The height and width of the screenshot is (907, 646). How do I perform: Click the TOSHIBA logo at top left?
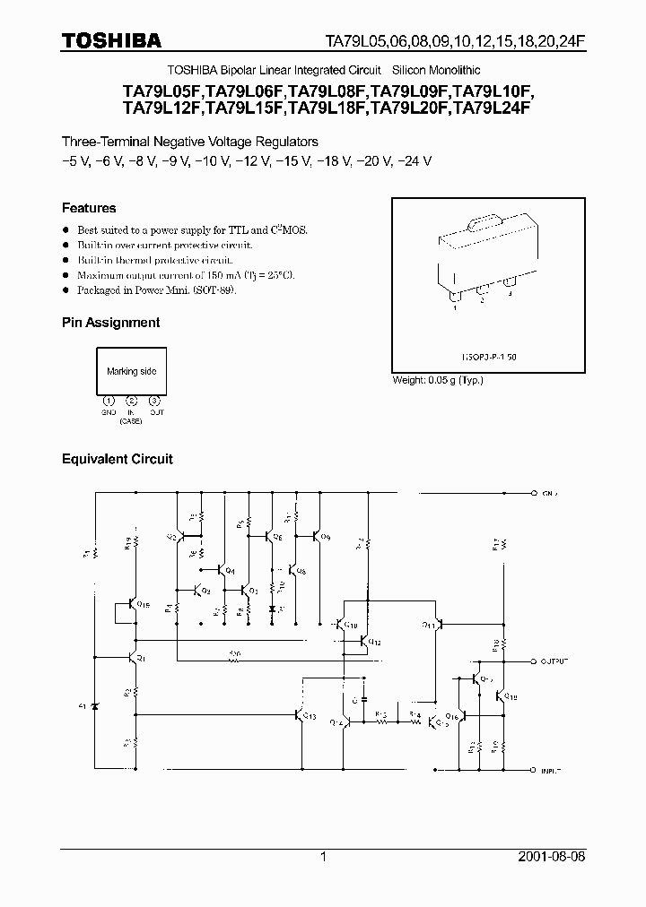111,40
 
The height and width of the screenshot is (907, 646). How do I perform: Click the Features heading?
89,208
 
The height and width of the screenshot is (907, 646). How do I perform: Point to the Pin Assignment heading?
110,322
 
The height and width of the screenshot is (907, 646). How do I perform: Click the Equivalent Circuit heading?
117,459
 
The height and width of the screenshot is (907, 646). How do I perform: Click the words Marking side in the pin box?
131,371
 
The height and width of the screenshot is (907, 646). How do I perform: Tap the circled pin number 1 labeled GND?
109,401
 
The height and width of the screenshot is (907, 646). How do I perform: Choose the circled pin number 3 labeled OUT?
155,401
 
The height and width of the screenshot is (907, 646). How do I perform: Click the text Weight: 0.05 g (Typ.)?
438,380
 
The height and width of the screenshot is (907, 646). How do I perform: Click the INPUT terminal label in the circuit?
551,770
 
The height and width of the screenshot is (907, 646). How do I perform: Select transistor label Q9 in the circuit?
325,538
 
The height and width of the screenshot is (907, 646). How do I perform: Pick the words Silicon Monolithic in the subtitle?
436,70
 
